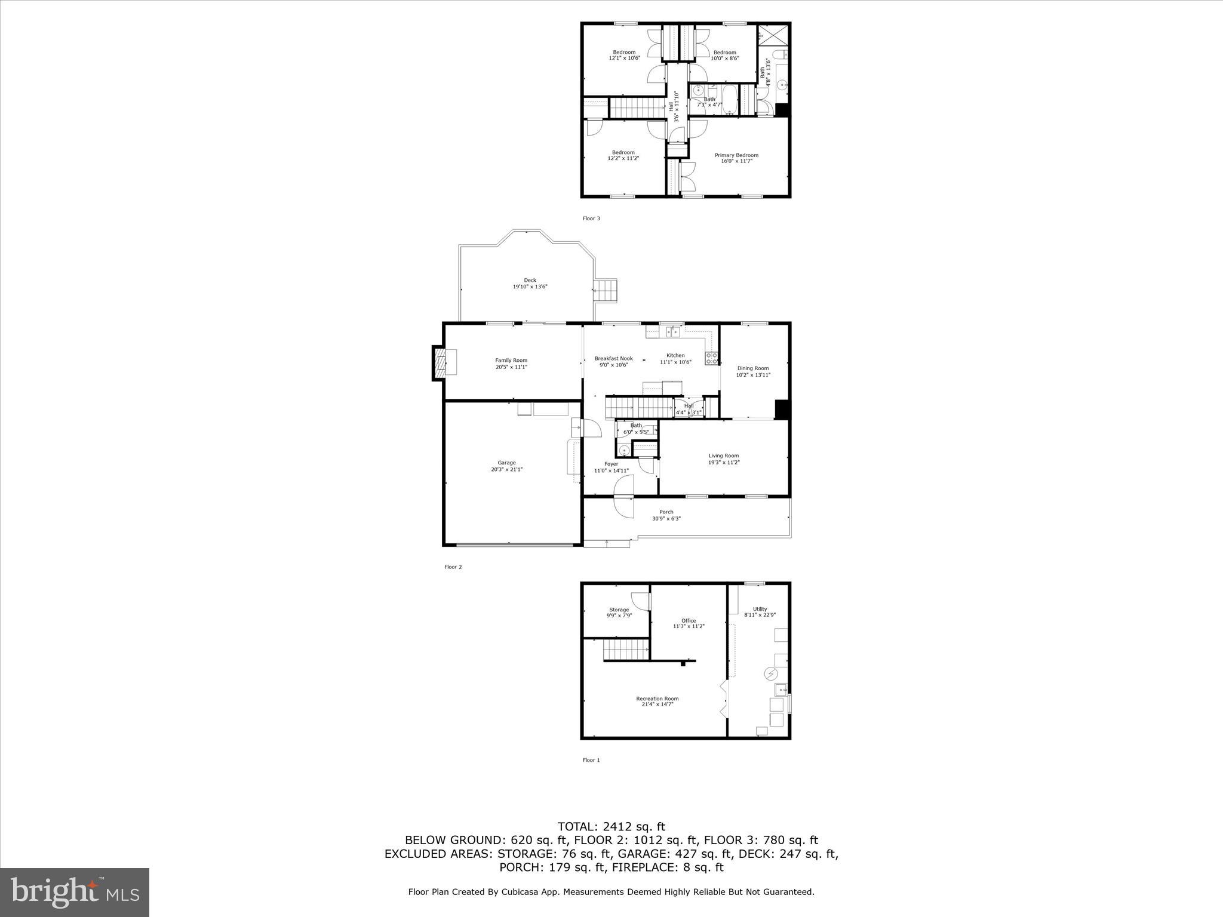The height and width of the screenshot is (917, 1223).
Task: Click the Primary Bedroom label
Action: (736, 155)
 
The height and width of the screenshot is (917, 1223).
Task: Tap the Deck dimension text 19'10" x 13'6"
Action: (530, 287)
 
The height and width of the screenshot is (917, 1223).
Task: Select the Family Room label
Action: (511, 360)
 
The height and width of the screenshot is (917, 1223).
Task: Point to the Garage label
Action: (506, 463)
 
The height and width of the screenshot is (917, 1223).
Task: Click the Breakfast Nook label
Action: (613, 358)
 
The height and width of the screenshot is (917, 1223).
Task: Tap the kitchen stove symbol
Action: (712, 358)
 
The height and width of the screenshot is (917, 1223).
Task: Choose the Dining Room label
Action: (752, 368)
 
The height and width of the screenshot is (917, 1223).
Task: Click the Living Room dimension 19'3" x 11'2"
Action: (724, 462)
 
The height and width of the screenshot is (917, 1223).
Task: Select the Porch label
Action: (666, 512)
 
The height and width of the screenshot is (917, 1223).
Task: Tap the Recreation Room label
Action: (657, 698)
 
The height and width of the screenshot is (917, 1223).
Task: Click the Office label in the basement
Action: (689, 620)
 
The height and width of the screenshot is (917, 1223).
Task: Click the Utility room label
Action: (760, 609)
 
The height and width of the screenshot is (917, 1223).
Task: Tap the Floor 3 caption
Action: (591, 219)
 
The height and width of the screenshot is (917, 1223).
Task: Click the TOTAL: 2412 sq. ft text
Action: (611, 827)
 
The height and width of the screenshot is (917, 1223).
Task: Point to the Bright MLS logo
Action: (75, 892)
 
